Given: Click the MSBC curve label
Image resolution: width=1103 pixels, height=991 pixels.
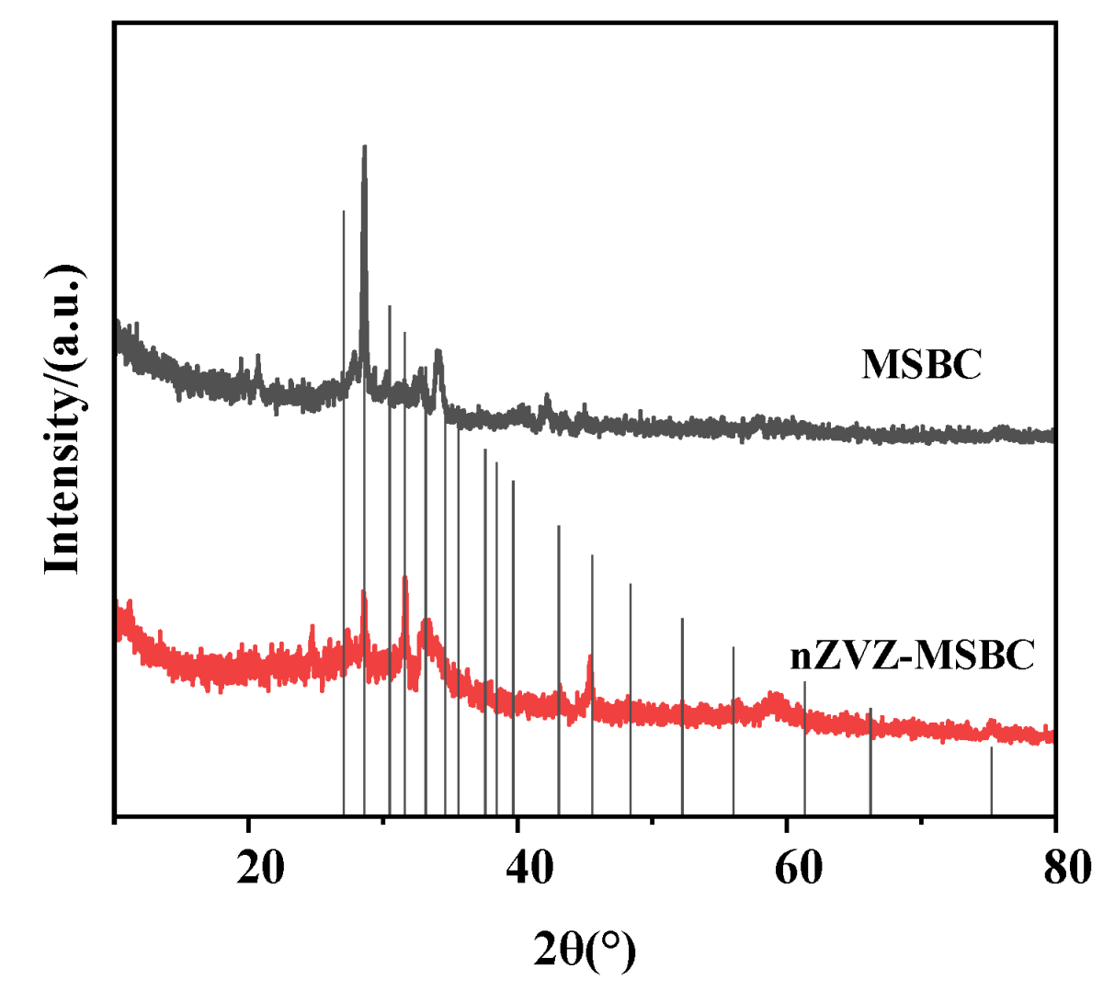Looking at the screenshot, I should pyautogui.click(x=921, y=364).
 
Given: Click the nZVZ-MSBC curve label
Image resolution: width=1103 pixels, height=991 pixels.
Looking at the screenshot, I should pyautogui.click(x=912, y=655).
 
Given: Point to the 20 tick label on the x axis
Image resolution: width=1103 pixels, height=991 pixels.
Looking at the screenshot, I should pyautogui.click(x=260, y=867).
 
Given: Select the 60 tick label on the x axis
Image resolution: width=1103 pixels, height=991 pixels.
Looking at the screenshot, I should pyautogui.click(x=798, y=867).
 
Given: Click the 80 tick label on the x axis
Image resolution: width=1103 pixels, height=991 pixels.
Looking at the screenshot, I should pyautogui.click(x=1066, y=867).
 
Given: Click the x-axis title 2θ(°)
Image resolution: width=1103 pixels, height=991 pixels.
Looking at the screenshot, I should pyautogui.click(x=585, y=950).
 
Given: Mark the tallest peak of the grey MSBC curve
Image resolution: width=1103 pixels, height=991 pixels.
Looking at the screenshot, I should pyautogui.click(x=365, y=147).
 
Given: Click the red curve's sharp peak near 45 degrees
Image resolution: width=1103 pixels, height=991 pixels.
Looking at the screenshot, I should pyautogui.click(x=590, y=658).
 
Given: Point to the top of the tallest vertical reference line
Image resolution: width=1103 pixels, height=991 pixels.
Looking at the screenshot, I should pyautogui.click(x=344, y=212).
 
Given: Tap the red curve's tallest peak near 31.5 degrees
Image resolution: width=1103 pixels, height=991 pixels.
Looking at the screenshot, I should pyautogui.click(x=404, y=579).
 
